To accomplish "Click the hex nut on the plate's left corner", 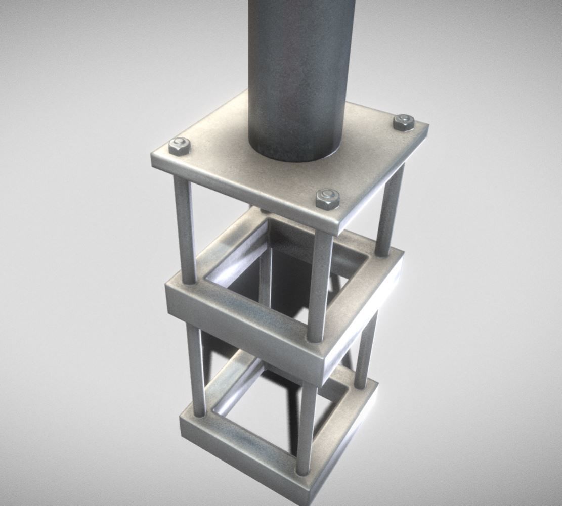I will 179,146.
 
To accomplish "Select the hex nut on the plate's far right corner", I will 404,122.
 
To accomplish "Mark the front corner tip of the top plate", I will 336,230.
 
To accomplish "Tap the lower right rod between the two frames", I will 366,349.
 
